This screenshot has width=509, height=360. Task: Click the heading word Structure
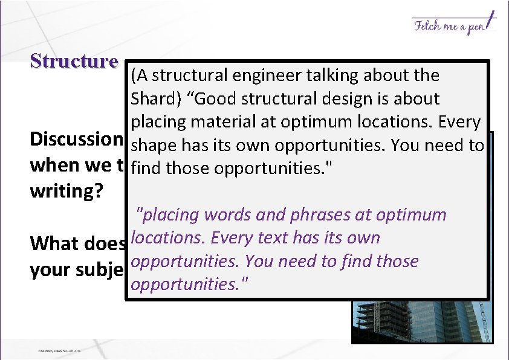(x=74, y=62)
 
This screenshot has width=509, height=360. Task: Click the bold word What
(x=54, y=243)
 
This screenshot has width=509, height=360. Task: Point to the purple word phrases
(x=309, y=215)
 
